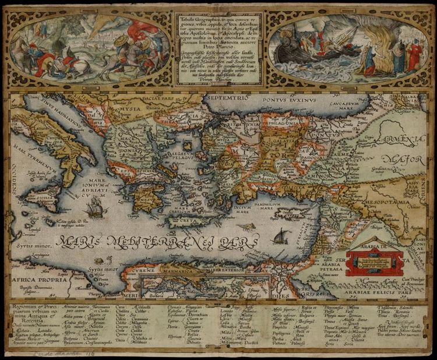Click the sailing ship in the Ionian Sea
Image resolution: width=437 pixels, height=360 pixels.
[x=97, y=207]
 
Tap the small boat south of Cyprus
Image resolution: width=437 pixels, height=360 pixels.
[x=281, y=236]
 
